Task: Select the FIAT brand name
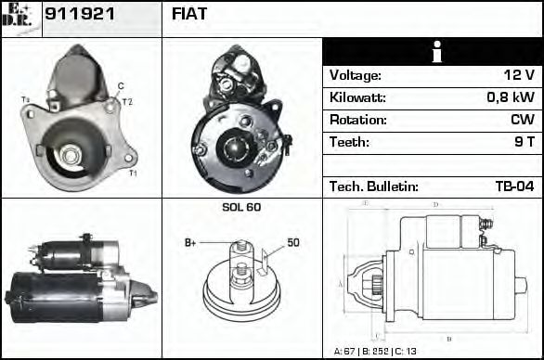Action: (189, 15)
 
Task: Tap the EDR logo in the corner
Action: (20, 18)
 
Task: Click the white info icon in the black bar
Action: (432, 52)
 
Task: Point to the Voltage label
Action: (356, 75)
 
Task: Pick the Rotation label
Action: (356, 120)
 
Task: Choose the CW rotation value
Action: (522, 120)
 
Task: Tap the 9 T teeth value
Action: (524, 142)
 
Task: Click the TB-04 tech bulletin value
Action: (514, 186)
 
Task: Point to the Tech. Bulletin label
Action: (373, 186)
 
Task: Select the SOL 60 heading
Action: (240, 207)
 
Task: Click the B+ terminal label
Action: (190, 243)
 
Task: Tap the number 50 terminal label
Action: (292, 242)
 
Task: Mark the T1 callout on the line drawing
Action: (132, 174)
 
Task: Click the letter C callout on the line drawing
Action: (121, 85)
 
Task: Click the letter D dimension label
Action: (435, 204)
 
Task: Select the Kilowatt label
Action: (357, 97)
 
